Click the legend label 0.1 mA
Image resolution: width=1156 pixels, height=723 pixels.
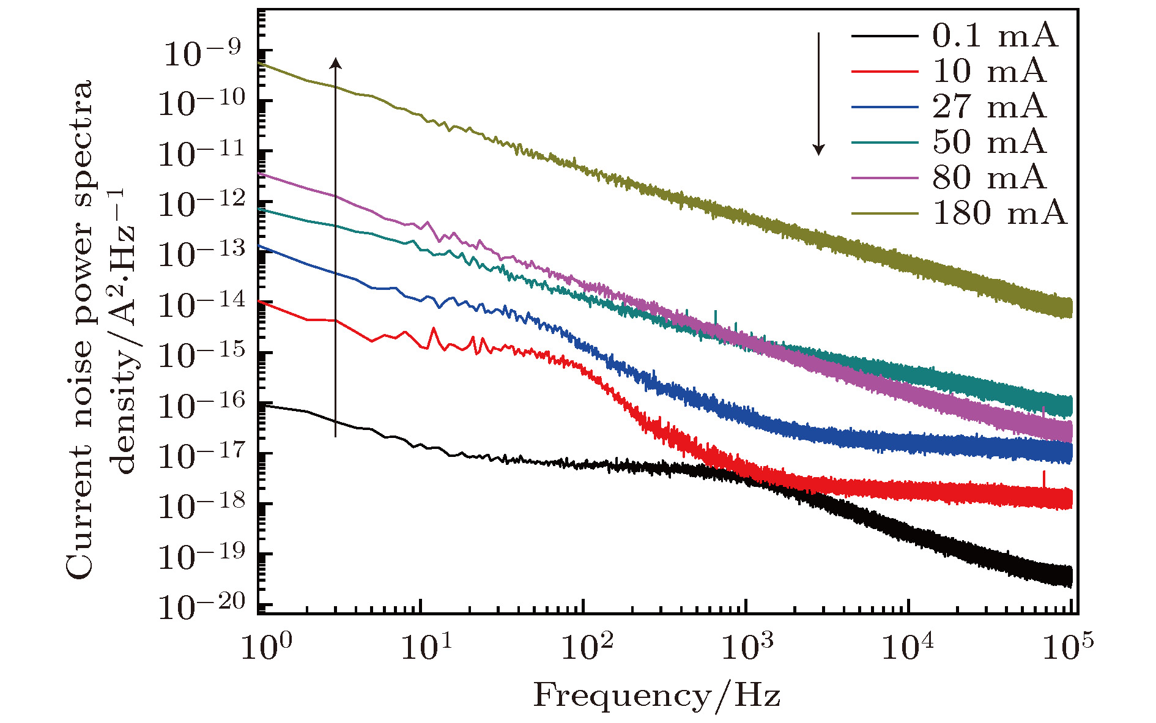click(995, 36)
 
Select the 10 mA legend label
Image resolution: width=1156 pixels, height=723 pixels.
click(989, 72)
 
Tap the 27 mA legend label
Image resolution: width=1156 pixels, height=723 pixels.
click(989, 107)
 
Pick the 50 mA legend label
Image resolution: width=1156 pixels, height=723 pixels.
click(989, 143)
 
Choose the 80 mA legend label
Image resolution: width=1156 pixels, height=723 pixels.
click(989, 178)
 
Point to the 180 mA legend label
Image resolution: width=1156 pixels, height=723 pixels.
click(999, 213)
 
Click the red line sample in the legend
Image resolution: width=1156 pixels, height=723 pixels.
click(884, 72)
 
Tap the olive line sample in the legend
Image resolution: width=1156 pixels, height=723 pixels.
click(884, 213)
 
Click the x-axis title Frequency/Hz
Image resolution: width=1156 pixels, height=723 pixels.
click(657, 696)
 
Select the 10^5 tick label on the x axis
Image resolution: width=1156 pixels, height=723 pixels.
click(1068, 647)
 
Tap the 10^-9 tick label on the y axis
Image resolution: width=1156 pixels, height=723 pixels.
click(202, 54)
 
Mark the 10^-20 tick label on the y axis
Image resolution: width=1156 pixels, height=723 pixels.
click(202, 606)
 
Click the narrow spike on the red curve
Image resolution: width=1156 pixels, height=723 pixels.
click(1043, 478)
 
